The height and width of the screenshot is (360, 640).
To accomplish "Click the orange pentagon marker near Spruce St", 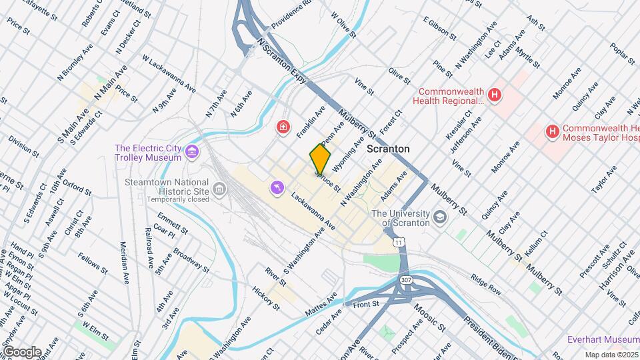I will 320,159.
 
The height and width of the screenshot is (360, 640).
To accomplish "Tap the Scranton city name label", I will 388,149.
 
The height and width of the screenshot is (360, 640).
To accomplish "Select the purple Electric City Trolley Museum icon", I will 192,153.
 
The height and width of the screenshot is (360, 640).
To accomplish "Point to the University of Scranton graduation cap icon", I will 440,217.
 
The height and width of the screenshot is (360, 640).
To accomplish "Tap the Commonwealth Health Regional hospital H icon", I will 494,95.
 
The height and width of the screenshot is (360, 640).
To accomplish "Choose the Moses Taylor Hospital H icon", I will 553,132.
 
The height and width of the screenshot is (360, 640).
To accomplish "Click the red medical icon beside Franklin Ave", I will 284,126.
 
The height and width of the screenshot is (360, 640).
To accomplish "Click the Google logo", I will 21,351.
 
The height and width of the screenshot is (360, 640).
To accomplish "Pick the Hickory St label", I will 266,298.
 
